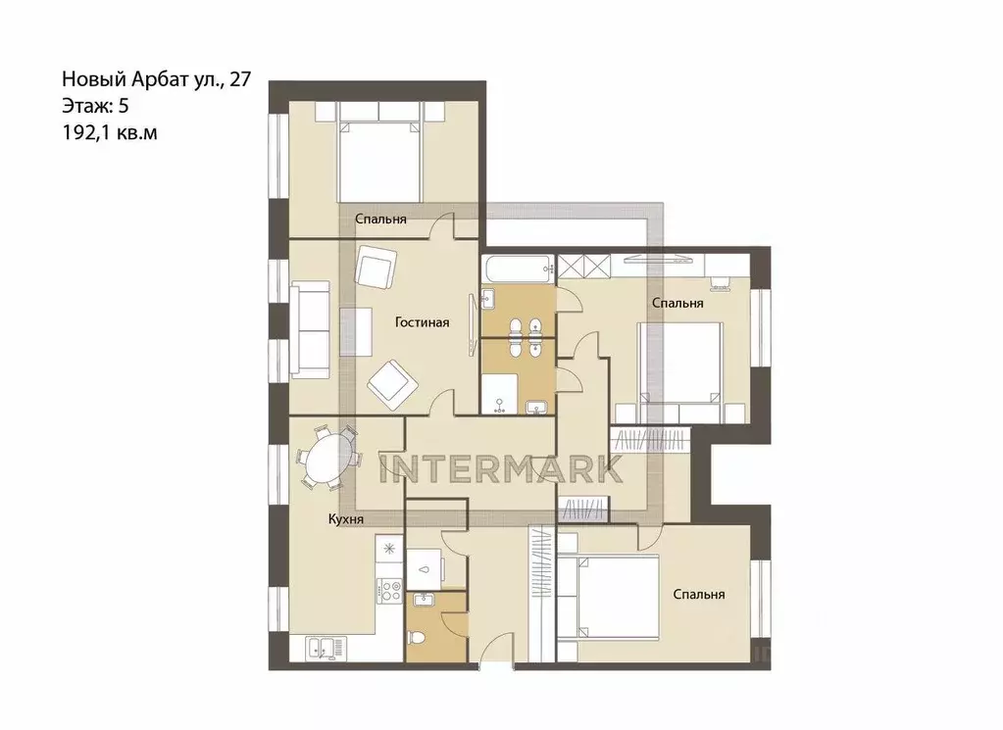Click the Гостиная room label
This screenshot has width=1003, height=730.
[x=423, y=322]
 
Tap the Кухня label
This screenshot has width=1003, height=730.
[x=345, y=519]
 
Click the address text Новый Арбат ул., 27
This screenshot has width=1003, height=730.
[x=157, y=79]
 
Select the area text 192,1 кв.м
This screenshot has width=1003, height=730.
[x=110, y=132]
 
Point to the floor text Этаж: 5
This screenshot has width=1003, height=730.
[x=95, y=106]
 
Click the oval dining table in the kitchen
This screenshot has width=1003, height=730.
[x=326, y=458]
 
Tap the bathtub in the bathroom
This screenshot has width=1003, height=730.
[x=518, y=268]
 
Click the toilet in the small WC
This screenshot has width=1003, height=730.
[x=418, y=638]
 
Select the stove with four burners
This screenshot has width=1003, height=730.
[x=389, y=590]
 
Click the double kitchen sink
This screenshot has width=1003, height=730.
[x=326, y=648]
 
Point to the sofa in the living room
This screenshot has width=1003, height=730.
[x=310, y=330]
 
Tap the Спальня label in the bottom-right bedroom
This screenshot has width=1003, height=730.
[x=698, y=595]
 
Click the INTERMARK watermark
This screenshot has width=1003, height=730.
[x=501, y=468]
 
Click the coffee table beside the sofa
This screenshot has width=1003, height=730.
[x=356, y=331]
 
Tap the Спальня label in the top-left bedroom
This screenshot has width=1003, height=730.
[x=380, y=219]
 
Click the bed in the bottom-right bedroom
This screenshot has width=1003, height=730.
[x=609, y=598]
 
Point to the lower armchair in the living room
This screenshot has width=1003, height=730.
[x=392, y=384]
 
